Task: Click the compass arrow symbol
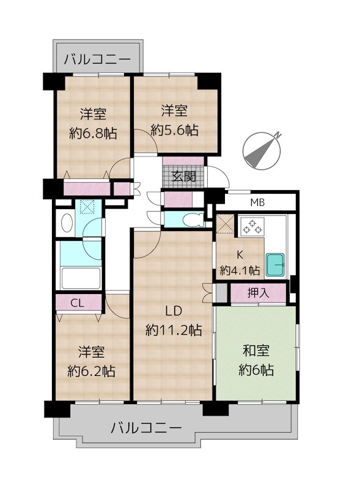tap(261, 150)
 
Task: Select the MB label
tap(257, 203)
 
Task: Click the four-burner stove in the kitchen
tap(252, 226)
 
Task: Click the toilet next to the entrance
tap(192, 219)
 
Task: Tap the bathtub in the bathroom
tap(81, 279)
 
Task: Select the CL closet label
tap(78, 303)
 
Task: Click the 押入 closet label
tap(257, 293)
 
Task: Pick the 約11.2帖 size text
tap(174, 331)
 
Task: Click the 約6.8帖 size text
tap(94, 133)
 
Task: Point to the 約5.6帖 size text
tap(175, 130)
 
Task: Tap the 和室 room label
tap(256, 351)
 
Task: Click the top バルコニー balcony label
tap(97, 60)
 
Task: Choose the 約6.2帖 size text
tap(91, 370)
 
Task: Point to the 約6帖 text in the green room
tap(256, 370)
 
